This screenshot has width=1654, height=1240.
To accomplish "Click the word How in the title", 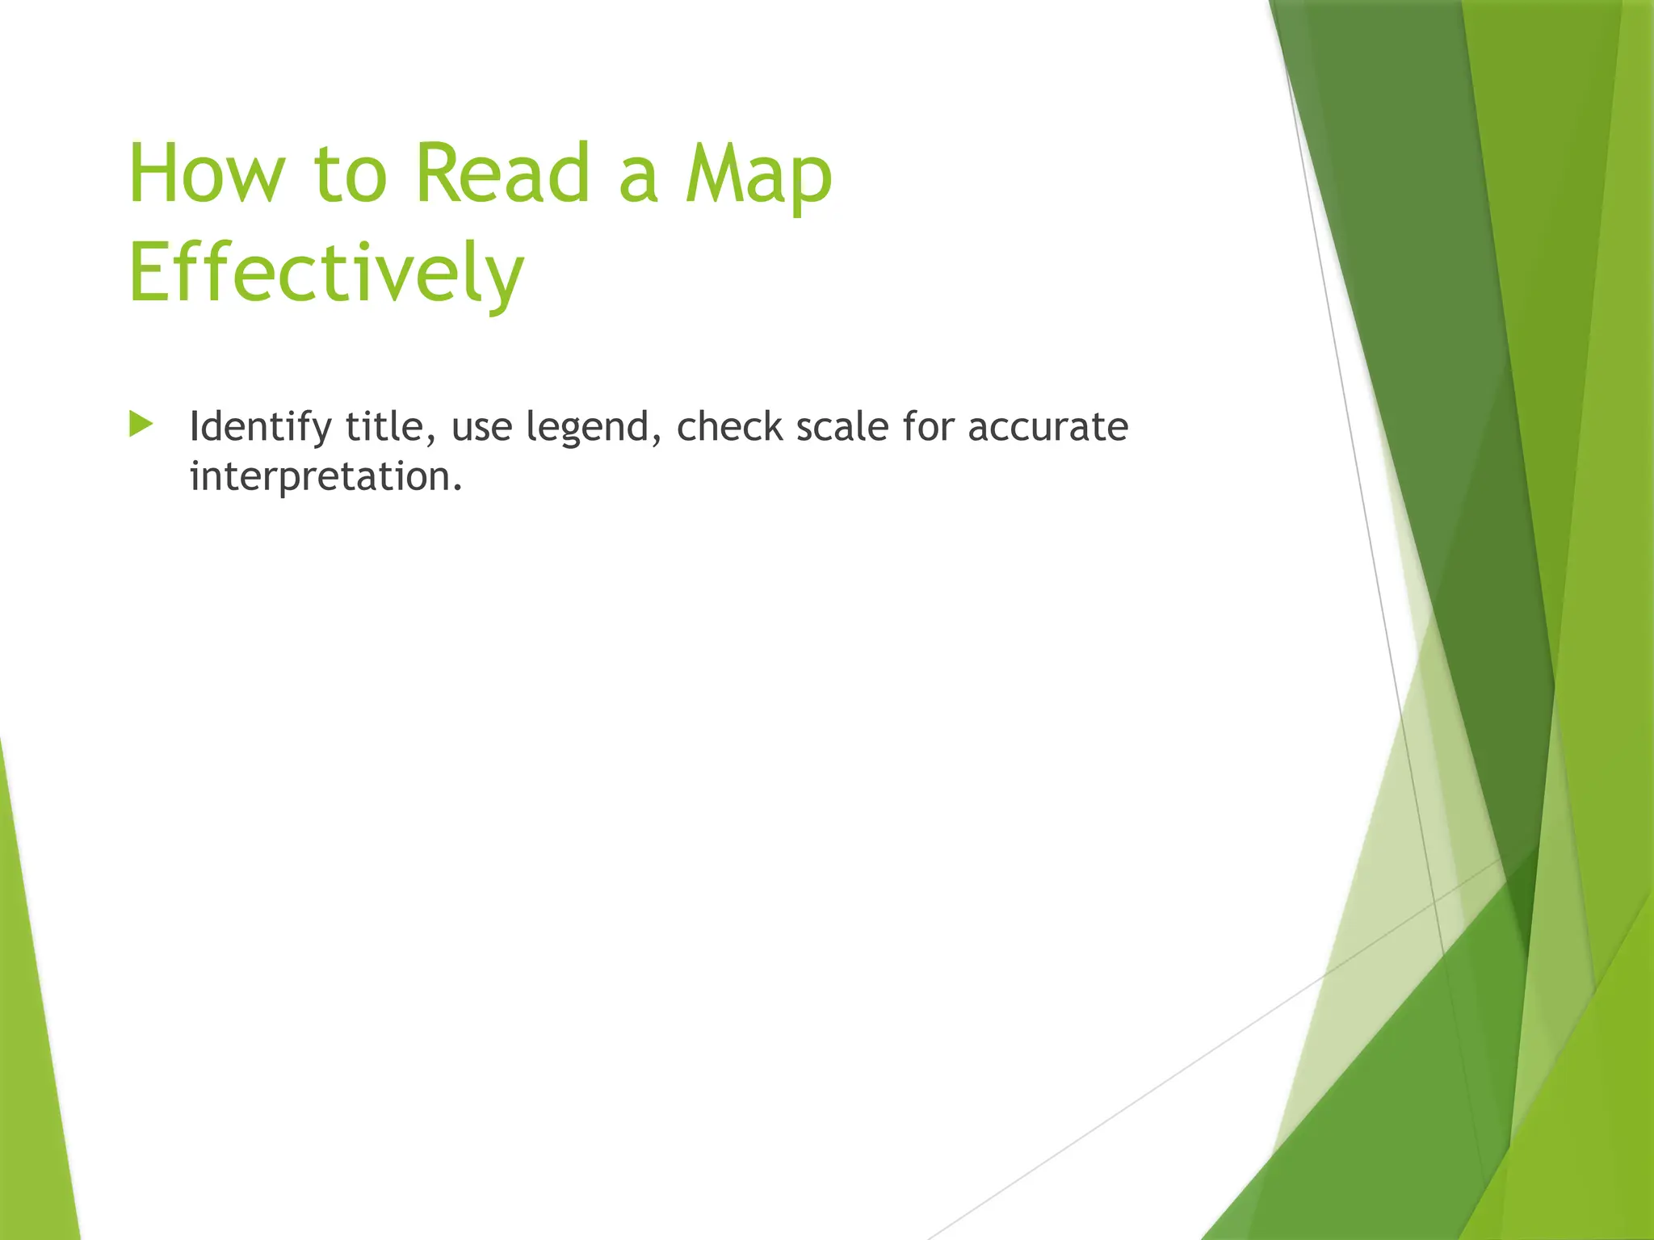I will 207,174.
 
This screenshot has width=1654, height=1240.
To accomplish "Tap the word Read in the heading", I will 503,174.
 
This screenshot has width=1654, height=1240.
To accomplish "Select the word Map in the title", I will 758,178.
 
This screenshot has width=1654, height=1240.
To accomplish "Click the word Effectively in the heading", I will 326,273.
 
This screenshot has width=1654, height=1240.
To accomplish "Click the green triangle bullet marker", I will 141,425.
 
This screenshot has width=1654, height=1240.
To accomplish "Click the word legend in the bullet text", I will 587,429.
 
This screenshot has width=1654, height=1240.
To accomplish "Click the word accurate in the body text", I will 1047,427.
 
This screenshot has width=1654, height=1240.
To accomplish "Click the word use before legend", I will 481,428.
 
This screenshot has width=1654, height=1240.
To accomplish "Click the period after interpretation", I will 458,488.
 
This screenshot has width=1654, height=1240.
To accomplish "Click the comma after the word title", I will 431,440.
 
